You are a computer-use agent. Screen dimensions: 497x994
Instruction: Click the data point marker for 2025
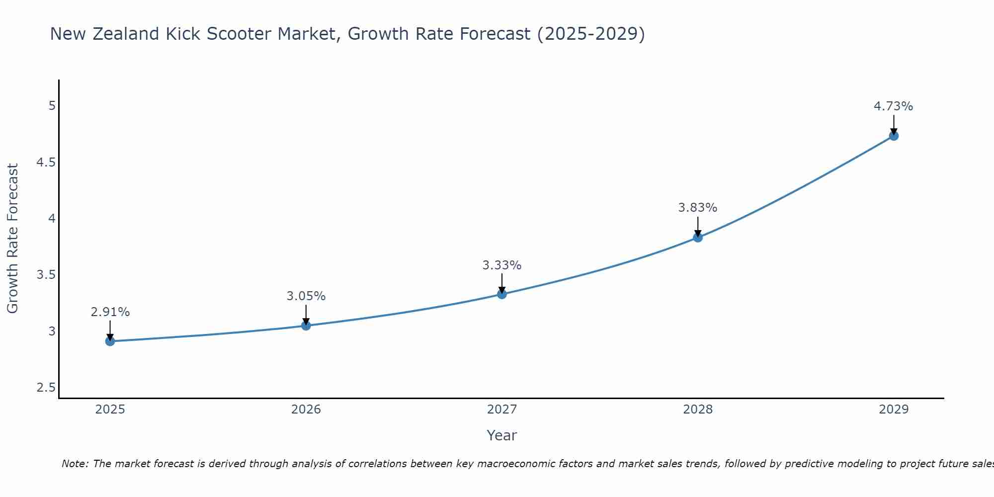110,341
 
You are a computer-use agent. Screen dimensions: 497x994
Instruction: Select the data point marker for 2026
306,326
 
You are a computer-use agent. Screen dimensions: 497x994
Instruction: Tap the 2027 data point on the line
501,294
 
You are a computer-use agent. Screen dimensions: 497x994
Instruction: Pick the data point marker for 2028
697,238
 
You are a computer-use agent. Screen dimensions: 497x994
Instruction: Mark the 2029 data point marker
893,136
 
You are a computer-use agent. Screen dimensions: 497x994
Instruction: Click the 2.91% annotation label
110,312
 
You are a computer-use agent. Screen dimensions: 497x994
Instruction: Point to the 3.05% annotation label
306,296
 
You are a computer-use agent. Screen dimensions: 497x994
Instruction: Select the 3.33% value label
501,265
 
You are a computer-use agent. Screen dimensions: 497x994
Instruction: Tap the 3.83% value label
697,208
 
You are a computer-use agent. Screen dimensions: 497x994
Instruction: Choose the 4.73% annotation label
893,106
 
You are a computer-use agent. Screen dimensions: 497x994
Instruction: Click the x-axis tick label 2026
306,410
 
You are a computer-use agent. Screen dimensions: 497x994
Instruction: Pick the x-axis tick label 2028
697,410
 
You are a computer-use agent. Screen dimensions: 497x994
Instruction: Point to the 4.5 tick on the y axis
46,163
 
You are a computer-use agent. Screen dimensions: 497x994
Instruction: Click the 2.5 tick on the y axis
46,388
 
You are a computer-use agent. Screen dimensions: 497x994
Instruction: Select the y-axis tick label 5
52,106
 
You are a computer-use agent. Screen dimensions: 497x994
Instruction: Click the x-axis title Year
501,435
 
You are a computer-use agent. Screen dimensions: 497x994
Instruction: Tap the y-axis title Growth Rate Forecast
12,239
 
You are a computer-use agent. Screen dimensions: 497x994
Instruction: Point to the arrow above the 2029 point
893,124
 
